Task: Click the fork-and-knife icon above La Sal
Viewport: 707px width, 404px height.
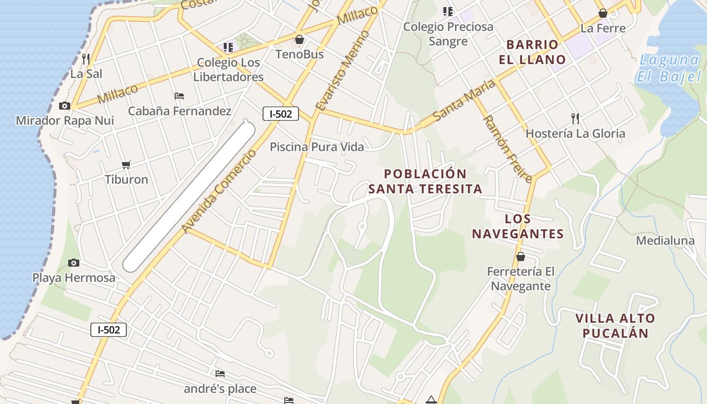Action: (x=86, y=59)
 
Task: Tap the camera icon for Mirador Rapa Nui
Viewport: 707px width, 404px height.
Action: (x=65, y=106)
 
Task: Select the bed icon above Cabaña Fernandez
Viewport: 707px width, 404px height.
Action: (x=179, y=95)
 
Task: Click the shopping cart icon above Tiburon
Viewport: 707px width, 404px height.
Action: (x=126, y=165)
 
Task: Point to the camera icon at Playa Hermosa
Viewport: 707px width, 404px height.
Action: (x=74, y=263)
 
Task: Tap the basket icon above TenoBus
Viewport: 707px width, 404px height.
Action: (x=299, y=39)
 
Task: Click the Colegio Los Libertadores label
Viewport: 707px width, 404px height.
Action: (x=228, y=70)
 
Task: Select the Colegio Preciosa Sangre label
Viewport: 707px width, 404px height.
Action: (x=448, y=34)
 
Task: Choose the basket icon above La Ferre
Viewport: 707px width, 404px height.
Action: (x=602, y=13)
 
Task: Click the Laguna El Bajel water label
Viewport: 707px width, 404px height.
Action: (x=670, y=68)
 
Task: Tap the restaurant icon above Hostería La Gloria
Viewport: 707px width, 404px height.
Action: (x=575, y=119)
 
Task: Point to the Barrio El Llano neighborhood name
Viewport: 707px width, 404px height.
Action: (x=532, y=52)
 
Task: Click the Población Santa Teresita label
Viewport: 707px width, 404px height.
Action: (x=425, y=181)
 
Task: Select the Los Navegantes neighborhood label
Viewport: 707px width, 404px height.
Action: (x=518, y=226)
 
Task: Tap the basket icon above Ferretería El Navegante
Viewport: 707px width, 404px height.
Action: (x=521, y=257)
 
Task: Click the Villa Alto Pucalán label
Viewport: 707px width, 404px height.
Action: (x=615, y=326)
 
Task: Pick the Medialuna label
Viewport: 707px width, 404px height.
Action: (x=665, y=240)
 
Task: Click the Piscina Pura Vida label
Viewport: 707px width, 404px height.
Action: (x=317, y=147)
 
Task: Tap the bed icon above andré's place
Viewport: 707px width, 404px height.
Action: (x=220, y=374)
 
